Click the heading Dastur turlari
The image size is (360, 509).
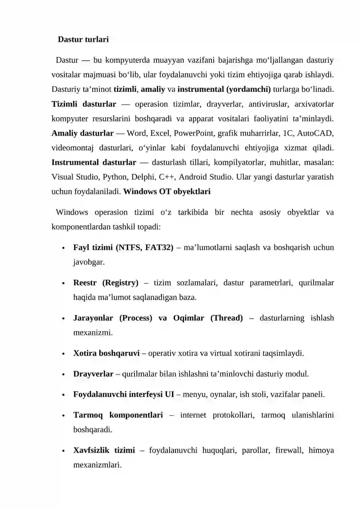point(83,40)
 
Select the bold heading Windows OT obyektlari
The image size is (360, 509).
point(166,191)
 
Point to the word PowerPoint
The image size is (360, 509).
point(195,133)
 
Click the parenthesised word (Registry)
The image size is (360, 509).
point(120,283)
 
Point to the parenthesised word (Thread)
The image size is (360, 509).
point(226,318)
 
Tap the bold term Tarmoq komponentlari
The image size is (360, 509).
point(118,414)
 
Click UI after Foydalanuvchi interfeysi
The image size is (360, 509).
point(169,395)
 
